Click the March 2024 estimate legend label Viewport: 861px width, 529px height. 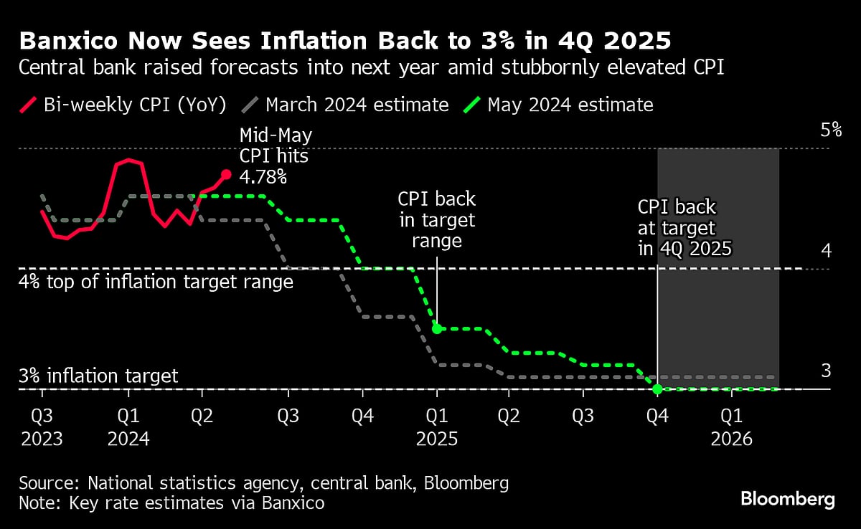(357, 105)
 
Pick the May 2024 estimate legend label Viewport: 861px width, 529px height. (570, 105)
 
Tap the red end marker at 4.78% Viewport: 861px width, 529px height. (225, 174)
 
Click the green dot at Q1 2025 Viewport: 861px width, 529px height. (436, 329)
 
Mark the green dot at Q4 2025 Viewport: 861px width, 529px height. (657, 389)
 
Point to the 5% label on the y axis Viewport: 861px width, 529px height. (830, 130)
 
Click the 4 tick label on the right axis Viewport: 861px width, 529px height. (825, 251)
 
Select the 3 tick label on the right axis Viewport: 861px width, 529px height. (825, 371)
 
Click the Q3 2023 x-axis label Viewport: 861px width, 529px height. (42, 426)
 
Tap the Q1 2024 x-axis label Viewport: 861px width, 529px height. (128, 426)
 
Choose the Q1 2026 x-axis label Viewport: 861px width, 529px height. (731, 426)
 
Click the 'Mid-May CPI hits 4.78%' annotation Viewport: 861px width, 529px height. (276, 156)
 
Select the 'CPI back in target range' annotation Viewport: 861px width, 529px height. (437, 219)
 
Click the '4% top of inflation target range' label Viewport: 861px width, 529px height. (156, 282)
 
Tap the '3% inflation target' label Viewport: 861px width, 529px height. (98, 376)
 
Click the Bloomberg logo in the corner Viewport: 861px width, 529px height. (787, 500)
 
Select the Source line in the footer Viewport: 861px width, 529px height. (263, 483)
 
